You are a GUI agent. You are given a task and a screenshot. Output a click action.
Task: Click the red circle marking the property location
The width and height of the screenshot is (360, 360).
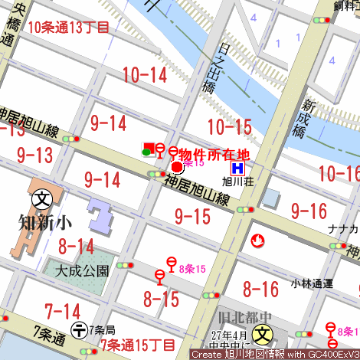[x=176, y=166]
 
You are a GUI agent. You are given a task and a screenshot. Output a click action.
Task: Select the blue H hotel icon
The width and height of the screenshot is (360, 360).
[x=238, y=168]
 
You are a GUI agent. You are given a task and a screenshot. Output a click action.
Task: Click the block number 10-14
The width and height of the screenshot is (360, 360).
[x=144, y=74]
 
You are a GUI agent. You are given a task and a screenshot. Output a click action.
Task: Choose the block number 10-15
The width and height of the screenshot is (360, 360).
[x=229, y=127]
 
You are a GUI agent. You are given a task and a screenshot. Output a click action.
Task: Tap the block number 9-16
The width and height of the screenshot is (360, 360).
[x=309, y=211]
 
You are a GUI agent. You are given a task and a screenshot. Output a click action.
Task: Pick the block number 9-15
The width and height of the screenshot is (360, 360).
[x=192, y=216]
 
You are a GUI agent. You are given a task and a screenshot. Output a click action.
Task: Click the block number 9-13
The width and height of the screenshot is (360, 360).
[x=34, y=155]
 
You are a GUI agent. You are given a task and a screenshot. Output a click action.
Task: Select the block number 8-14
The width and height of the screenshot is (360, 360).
[x=76, y=247]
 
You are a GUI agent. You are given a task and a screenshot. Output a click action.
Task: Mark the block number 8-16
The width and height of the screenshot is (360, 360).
[x=260, y=289]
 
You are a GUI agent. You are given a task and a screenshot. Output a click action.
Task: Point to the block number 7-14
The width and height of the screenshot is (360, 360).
[x=63, y=311]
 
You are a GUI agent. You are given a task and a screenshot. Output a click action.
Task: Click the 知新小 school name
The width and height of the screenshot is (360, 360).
[x=45, y=223]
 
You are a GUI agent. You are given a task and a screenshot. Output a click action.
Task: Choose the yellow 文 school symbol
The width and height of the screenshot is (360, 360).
[x=263, y=334]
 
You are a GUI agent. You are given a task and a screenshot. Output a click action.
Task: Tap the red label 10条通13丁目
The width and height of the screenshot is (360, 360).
[x=69, y=27]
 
